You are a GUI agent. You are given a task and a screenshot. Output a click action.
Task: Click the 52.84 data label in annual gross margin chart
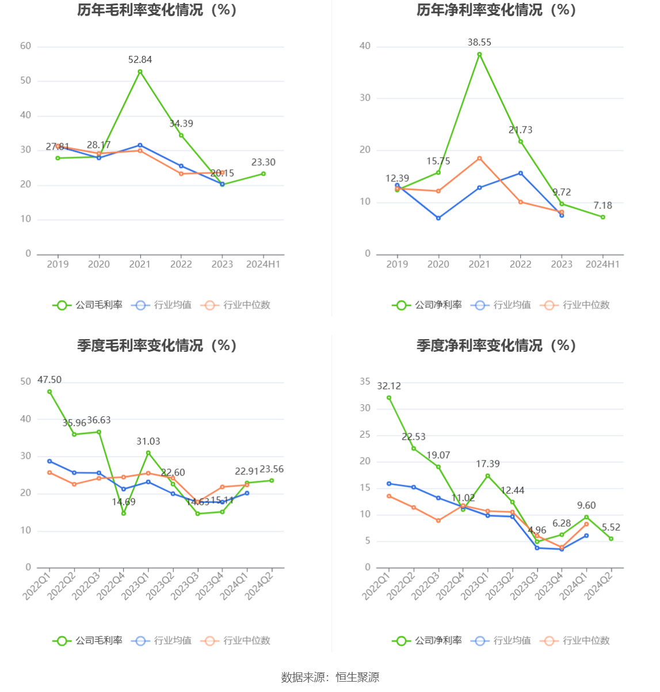tap(140, 60)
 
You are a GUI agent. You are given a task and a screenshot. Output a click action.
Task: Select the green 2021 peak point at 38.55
tap(479, 55)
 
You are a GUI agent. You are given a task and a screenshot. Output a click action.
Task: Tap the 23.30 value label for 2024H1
tap(263, 162)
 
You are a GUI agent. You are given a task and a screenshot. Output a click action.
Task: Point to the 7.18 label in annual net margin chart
tap(602, 206)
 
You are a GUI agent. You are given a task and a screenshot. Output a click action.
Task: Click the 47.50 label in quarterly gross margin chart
tap(49, 380)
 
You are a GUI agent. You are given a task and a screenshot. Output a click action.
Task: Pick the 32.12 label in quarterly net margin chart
tap(389, 386)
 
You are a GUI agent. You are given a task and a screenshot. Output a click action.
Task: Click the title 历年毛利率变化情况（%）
tap(157, 10)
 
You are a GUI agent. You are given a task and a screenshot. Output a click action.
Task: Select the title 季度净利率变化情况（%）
tap(497, 345)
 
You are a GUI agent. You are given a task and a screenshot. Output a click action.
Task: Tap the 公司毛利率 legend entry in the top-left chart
tap(88, 305)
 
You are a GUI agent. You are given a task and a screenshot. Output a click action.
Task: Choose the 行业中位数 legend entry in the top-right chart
tap(575, 305)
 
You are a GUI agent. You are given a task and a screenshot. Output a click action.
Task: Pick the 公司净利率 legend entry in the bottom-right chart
tap(428, 641)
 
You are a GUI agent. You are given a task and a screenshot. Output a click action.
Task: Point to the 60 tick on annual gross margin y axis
tap(25, 46)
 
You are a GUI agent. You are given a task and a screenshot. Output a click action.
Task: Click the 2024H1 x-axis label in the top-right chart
tap(602, 264)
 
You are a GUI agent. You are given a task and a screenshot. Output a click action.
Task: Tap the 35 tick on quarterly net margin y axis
tap(365, 382)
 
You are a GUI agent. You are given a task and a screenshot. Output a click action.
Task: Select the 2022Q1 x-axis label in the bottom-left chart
tap(37, 584)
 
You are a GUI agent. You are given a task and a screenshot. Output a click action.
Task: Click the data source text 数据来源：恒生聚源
tap(330, 678)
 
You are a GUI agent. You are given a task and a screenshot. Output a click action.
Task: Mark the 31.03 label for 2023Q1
tap(148, 442)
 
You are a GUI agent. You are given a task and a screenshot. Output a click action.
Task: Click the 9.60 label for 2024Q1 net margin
tap(586, 505)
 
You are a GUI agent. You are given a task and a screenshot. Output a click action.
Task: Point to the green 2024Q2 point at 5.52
tap(611, 539)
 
